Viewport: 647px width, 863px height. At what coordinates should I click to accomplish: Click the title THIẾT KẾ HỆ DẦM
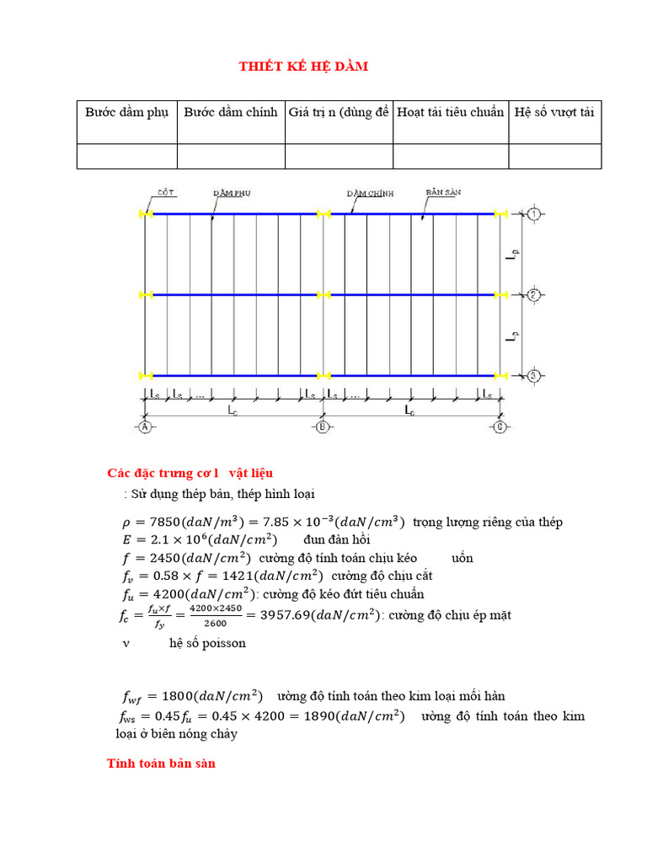click(x=303, y=67)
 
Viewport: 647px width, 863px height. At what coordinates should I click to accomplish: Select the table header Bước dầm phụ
click(x=127, y=112)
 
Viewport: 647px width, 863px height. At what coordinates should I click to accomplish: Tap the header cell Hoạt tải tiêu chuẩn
click(x=451, y=112)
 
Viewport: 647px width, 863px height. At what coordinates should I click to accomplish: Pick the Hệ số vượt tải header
click(x=555, y=112)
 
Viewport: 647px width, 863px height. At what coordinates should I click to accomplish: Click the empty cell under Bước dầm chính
click(x=231, y=156)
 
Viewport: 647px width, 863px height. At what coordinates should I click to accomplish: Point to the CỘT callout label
click(x=166, y=192)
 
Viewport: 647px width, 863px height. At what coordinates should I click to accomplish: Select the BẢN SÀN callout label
click(x=439, y=192)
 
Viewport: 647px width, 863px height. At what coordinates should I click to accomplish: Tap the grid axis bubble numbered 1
click(x=534, y=214)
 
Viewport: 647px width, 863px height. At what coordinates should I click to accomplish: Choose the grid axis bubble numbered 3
click(x=534, y=375)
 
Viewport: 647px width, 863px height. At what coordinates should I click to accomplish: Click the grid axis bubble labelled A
click(x=145, y=428)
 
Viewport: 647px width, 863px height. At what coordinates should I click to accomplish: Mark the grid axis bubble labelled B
click(x=323, y=428)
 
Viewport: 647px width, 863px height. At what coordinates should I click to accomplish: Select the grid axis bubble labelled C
click(x=500, y=428)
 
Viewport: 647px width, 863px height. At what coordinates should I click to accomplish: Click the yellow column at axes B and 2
click(x=323, y=295)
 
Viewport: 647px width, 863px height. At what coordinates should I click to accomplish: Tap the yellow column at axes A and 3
click(x=146, y=375)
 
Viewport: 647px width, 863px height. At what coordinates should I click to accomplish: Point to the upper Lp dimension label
click(x=514, y=255)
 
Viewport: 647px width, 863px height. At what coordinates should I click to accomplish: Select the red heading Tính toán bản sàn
click(x=161, y=764)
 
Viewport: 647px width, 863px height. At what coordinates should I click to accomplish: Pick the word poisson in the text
click(x=223, y=643)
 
